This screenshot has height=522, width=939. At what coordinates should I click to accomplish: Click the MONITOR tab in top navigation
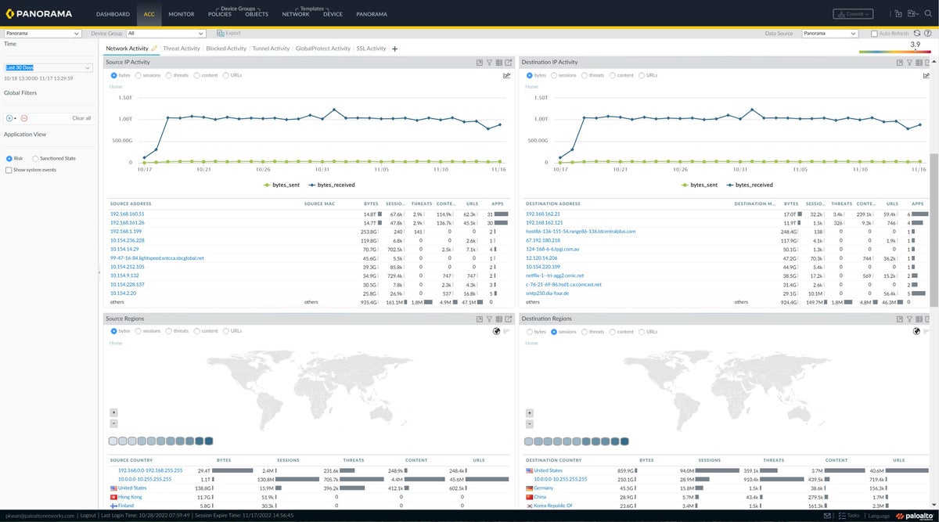(181, 14)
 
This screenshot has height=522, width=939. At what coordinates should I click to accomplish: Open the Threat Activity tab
(181, 49)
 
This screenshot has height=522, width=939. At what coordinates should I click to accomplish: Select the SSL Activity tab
(371, 49)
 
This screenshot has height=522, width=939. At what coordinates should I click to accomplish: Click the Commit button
(852, 14)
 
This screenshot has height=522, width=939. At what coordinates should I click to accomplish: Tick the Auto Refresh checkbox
(874, 34)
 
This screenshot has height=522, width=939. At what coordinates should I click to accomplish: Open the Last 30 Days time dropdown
(49, 67)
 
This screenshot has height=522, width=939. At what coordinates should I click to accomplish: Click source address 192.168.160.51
(127, 214)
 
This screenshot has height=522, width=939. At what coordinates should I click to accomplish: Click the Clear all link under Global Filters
(81, 118)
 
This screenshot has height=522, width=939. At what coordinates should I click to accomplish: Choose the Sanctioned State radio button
(36, 159)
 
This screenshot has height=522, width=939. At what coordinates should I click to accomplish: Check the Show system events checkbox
(9, 170)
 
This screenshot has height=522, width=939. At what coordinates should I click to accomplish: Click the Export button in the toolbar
(228, 34)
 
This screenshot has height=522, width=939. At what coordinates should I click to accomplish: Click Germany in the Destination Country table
(543, 488)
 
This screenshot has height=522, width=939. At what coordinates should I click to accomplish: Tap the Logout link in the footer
(88, 516)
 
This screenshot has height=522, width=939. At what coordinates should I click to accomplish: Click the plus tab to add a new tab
(394, 49)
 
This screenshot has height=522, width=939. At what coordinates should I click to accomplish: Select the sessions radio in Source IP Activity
(139, 76)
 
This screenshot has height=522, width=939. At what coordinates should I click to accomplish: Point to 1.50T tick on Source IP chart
(124, 98)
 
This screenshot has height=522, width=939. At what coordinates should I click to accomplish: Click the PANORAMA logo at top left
(41, 14)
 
